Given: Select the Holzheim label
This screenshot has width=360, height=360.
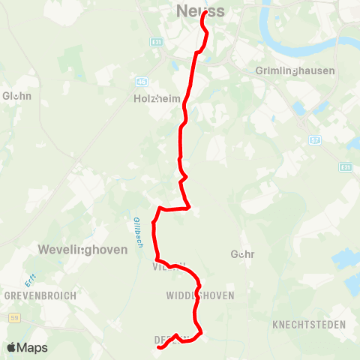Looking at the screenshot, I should coord(154,98).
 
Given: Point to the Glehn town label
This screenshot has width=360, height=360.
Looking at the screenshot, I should coord(16,96).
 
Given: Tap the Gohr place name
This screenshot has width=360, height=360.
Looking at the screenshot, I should coord(244,254).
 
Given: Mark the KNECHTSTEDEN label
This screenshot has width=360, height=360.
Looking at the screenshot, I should coord(310,325).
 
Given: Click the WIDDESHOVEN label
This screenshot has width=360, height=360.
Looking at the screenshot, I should coord(200,295).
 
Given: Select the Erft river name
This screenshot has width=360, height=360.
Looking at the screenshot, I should coord(29,280).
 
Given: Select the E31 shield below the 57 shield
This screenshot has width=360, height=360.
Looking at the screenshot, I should coord(346,166).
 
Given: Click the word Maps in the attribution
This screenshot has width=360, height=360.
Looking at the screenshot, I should coord(33,347).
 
